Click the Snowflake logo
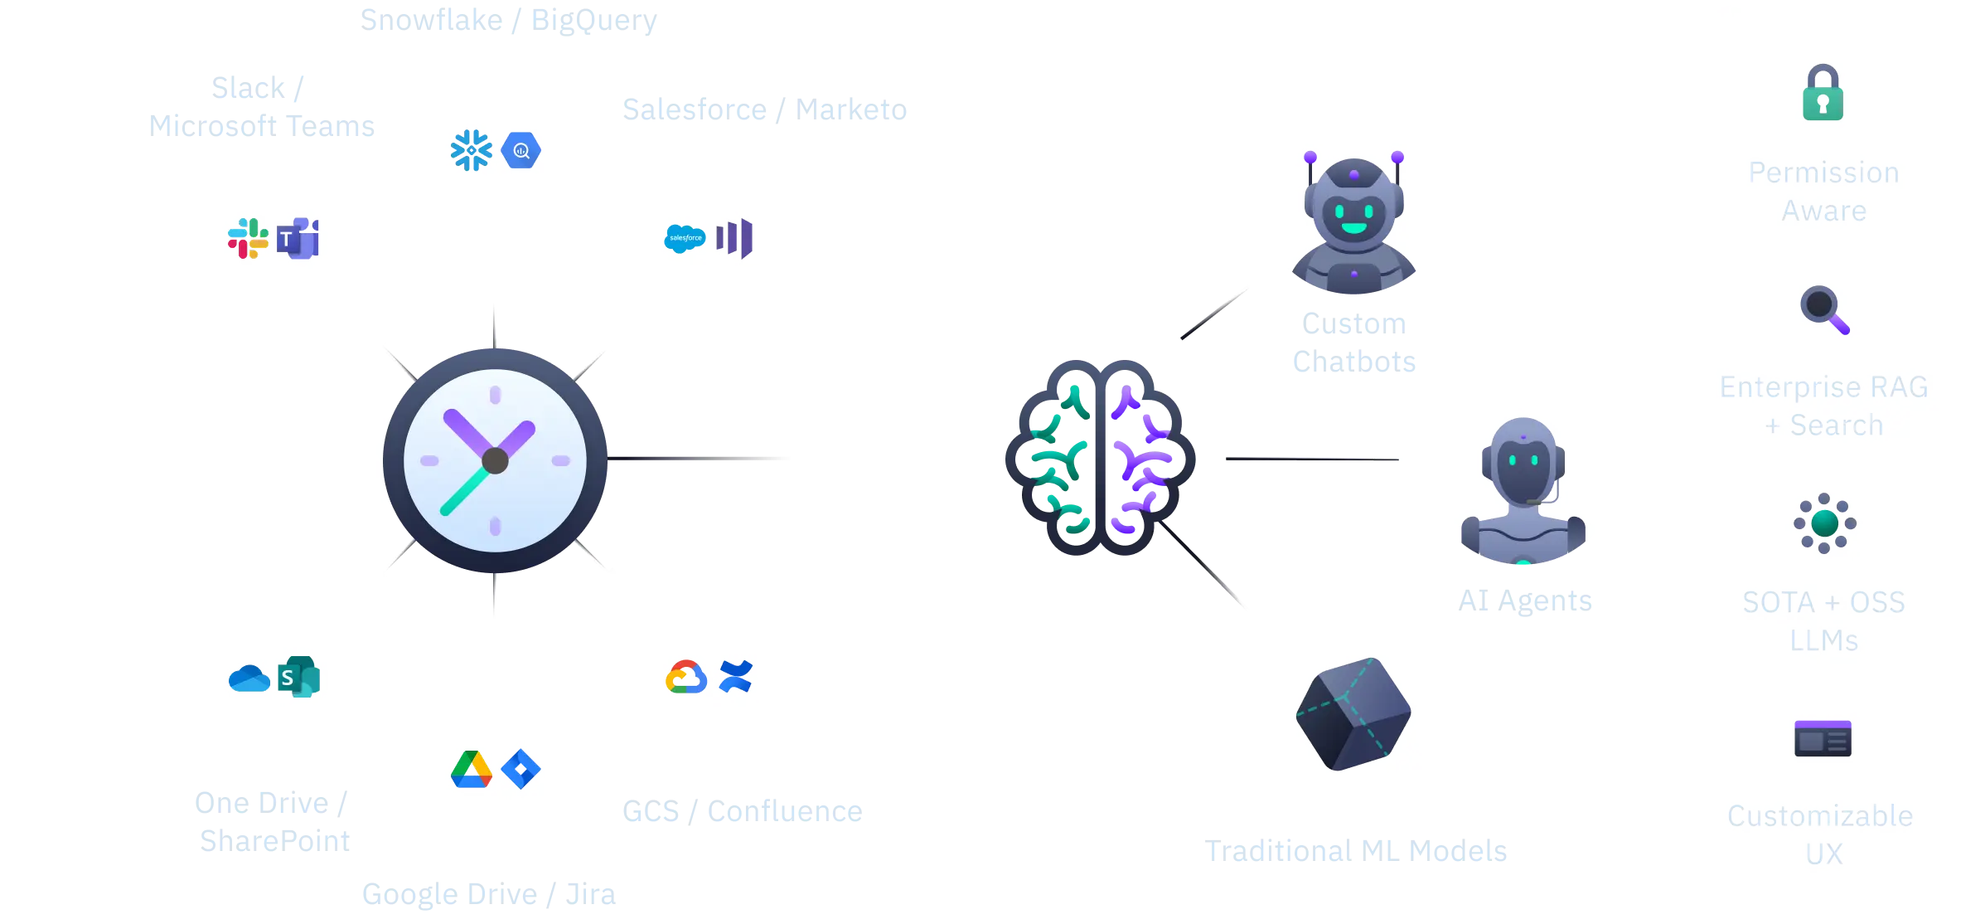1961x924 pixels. pyautogui.click(x=471, y=150)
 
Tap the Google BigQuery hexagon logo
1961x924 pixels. pyautogui.click(x=521, y=151)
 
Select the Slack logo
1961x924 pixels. pyautogui.click(x=248, y=238)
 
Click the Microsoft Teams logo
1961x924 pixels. pyautogui.click(x=298, y=239)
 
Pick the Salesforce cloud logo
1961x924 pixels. pyautogui.click(x=685, y=239)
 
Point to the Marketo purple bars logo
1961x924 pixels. pyautogui.click(x=735, y=238)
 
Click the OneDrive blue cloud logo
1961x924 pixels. pyautogui.click(x=249, y=678)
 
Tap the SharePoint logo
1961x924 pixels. pyautogui.click(x=299, y=677)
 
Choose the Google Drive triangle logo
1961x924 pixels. pyautogui.click(x=471, y=769)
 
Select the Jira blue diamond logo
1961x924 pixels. pyautogui.click(x=521, y=769)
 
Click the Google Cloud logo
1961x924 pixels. pyautogui.click(x=685, y=677)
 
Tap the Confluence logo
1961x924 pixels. pyautogui.click(x=736, y=676)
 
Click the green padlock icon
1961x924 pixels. pyautogui.click(x=1823, y=93)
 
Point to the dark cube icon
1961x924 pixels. pyautogui.click(x=1353, y=713)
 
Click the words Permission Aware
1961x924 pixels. pyautogui.click(x=1823, y=192)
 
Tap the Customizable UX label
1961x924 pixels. pyautogui.click(x=1821, y=834)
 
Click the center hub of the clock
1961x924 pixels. pyautogui.click(x=495, y=460)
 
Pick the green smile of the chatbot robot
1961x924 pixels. pyautogui.click(x=1353, y=227)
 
